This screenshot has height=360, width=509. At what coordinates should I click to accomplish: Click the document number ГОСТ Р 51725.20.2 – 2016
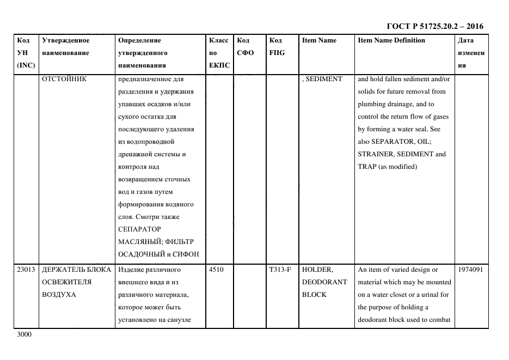coord(434,26)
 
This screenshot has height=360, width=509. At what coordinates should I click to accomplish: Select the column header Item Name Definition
coord(391,40)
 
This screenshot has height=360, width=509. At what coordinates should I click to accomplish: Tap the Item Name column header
coord(319,40)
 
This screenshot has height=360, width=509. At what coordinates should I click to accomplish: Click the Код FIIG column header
coord(277,47)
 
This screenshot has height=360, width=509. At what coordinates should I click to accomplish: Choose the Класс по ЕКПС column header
coord(219,53)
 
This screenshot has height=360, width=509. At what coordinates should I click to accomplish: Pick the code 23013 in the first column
coord(27,270)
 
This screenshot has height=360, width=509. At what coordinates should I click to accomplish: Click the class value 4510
coord(216,270)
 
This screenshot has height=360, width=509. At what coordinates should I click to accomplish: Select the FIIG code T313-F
coord(280,270)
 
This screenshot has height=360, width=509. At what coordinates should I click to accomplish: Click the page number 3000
coord(24,334)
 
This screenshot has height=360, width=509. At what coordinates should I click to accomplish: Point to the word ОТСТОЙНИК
coord(65,79)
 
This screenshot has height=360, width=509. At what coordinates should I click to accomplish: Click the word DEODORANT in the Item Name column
coord(324,282)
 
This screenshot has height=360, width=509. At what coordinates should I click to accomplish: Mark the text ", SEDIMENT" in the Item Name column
coord(322,79)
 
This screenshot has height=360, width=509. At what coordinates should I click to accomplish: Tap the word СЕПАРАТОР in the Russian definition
coord(139,229)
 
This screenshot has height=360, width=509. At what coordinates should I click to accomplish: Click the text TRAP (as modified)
coord(387,167)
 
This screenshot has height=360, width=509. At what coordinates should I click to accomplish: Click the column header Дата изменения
coord(471,53)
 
